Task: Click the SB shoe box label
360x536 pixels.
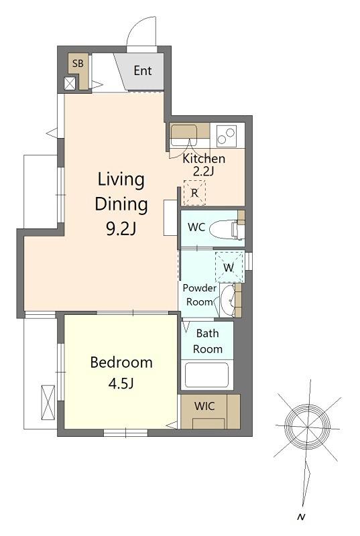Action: coord(78,63)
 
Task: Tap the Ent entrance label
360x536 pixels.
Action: coord(143,71)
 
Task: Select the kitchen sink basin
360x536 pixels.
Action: coord(184,132)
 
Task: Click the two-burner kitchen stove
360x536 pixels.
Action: coord(227,135)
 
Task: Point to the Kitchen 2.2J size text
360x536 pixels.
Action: coord(204,164)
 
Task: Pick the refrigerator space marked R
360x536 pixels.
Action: coord(194,193)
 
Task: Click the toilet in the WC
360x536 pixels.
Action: coord(227,229)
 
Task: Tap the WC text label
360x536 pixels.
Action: coord(196,227)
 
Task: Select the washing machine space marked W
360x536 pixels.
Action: coord(229,267)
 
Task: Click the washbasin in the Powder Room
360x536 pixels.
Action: coord(228,300)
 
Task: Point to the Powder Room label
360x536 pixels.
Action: coord(199,295)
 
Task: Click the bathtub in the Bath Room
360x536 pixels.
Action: coord(206,375)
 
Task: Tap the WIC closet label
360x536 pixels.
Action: coord(204,406)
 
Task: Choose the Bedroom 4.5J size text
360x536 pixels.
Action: coord(121,373)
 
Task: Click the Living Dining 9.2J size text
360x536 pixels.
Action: coord(121,204)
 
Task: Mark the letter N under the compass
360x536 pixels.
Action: coord(301,517)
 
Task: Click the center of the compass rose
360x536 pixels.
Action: coord(307,427)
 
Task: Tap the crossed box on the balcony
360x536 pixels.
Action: coord(48,403)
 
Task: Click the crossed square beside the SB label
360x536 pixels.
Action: coord(70,84)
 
